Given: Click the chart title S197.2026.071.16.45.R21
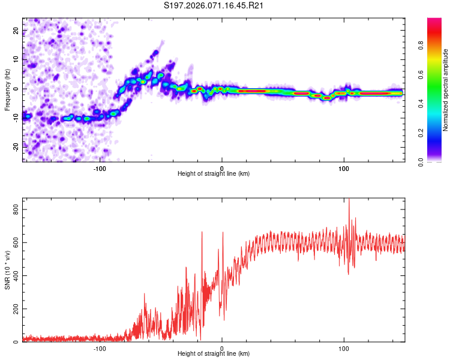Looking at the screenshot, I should [214, 6].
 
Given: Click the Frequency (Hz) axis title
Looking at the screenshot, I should [8, 89].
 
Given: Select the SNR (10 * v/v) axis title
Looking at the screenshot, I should [8, 271].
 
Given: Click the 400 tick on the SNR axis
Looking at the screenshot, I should [14, 275].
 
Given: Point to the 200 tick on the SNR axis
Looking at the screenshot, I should [14, 309].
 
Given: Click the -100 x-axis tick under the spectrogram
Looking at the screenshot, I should [100, 167].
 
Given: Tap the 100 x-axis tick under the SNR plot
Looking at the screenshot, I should [344, 348].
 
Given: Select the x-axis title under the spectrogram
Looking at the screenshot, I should [214, 174].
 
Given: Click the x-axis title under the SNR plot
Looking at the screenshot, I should [214, 355].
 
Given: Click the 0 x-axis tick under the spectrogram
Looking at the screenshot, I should [222, 167].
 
